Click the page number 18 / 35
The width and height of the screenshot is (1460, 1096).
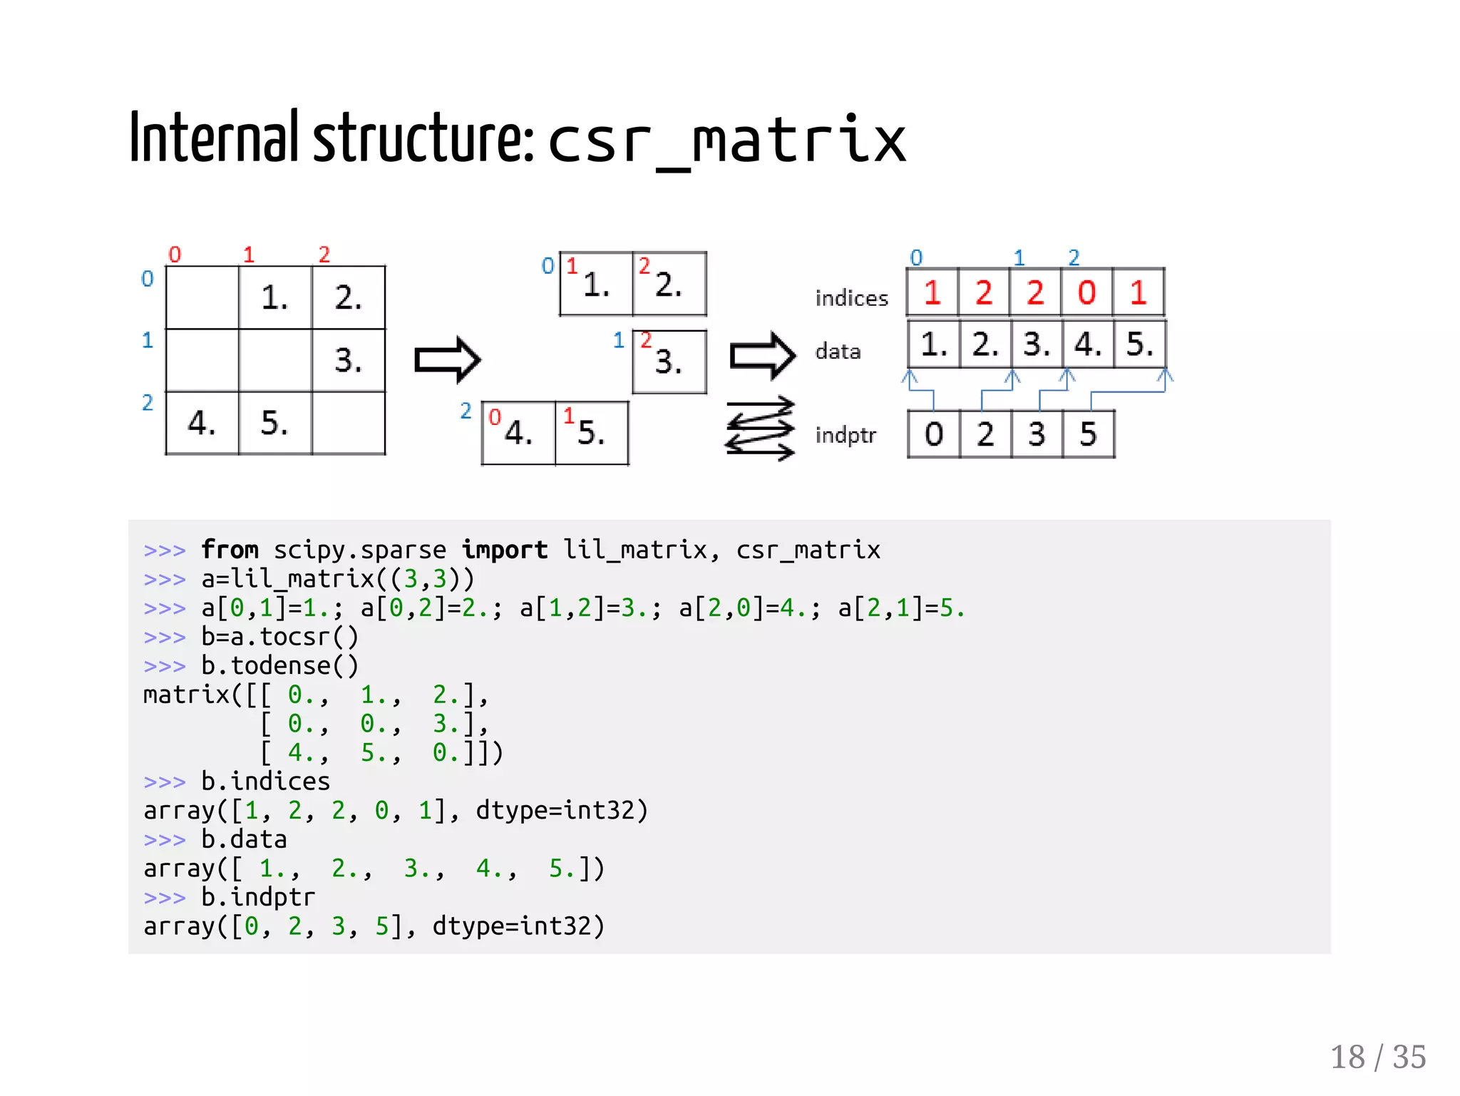1377,1057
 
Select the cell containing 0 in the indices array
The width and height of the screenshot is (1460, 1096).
1086,292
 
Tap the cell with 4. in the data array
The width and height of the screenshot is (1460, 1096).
1088,344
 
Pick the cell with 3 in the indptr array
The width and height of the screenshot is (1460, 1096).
1037,434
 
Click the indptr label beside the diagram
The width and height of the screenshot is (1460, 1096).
845,435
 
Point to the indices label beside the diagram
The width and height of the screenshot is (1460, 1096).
851,298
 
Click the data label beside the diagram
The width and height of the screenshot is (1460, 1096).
838,352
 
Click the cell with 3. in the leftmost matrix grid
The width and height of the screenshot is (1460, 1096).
349,360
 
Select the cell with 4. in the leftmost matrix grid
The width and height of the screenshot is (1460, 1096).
202,423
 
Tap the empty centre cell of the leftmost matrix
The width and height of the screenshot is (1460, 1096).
275,360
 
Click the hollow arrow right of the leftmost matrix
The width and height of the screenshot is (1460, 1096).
448,359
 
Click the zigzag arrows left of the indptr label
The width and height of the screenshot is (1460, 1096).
760,429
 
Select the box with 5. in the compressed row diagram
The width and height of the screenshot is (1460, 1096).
592,433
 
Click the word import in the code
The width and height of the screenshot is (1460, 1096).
504,550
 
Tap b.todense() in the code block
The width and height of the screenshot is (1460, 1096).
279,666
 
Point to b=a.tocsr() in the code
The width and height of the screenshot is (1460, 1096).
279,637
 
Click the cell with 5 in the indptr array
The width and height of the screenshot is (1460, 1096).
1088,434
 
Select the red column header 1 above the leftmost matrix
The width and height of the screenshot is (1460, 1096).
248,255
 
